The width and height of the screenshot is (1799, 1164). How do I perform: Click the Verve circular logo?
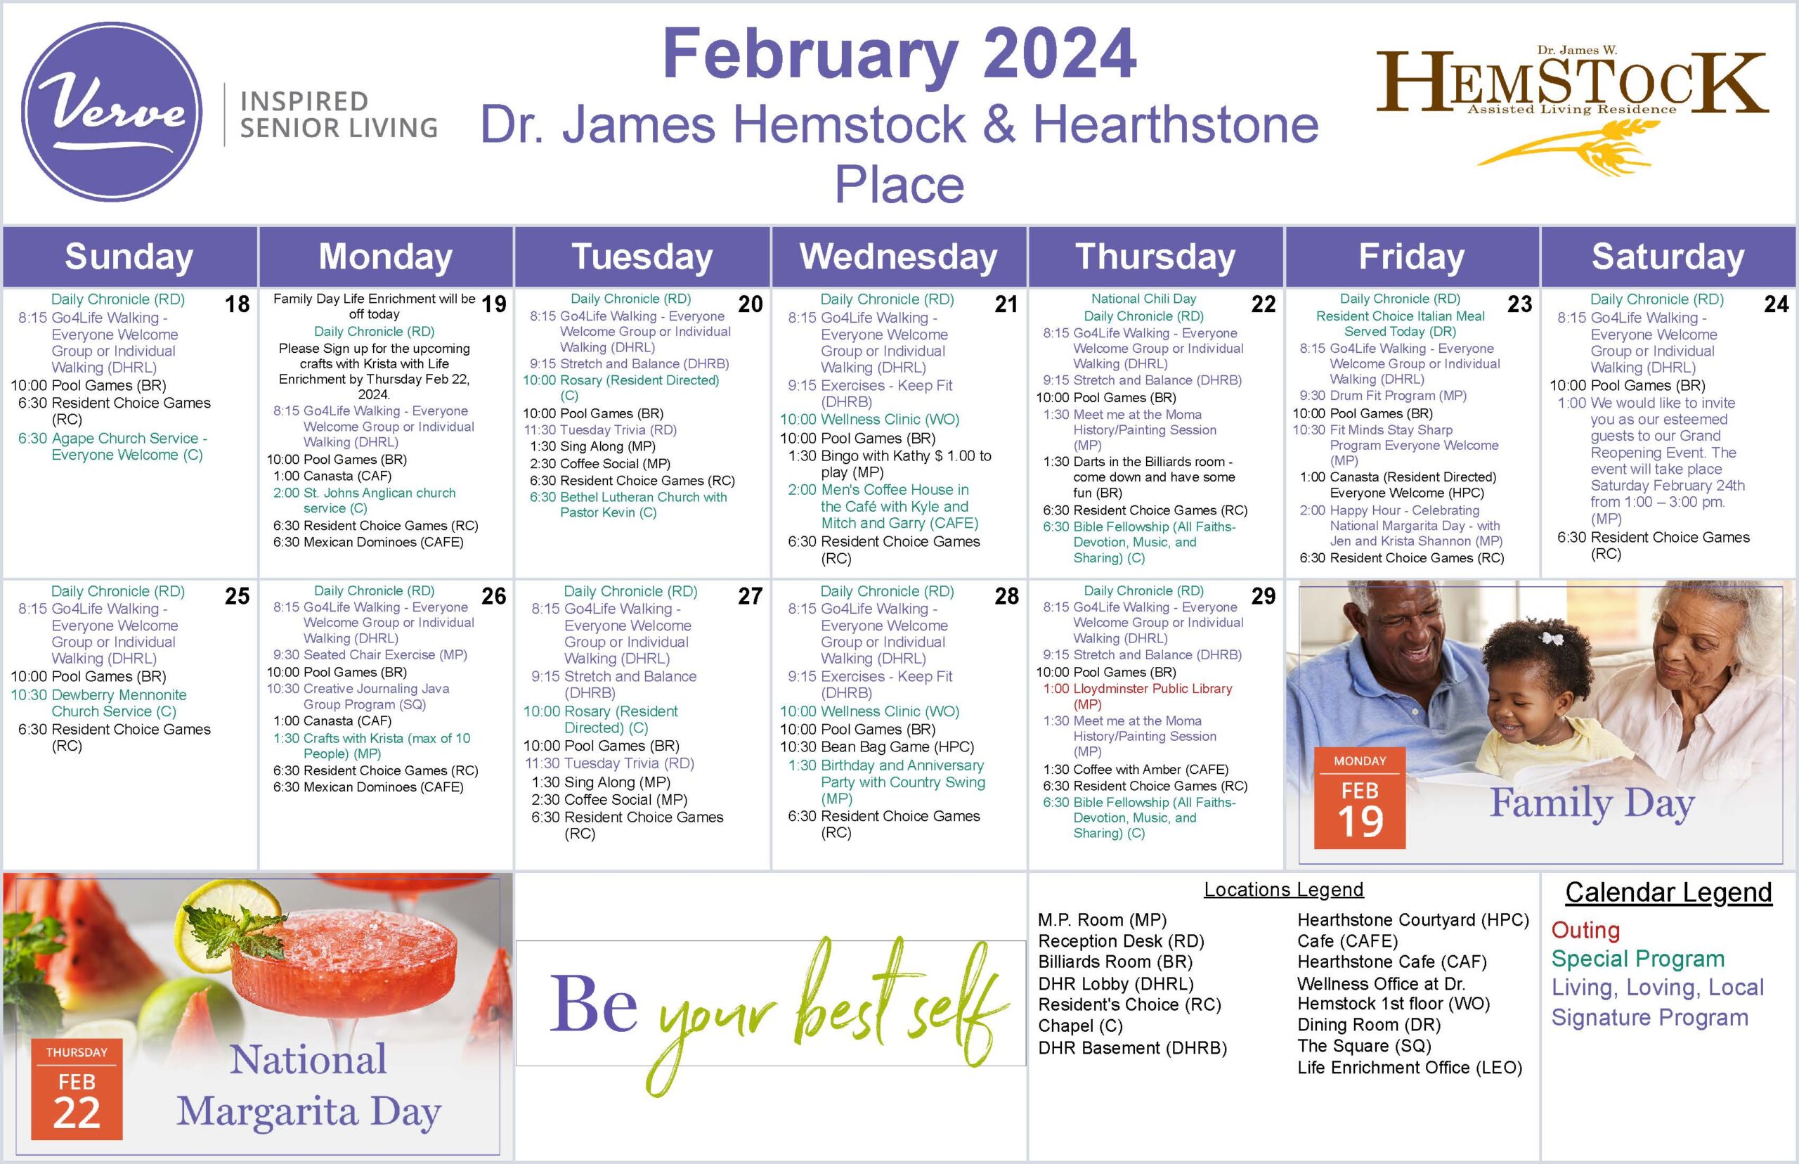(112, 112)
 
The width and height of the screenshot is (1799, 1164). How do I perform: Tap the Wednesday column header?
(898, 257)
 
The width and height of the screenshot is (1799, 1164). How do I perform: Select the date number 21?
(1006, 304)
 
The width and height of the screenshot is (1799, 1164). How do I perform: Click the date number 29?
(1263, 595)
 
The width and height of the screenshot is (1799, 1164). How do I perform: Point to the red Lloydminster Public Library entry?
(1138, 696)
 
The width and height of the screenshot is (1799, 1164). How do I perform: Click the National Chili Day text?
(1143, 299)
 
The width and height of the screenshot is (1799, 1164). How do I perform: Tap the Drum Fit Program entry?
(1383, 395)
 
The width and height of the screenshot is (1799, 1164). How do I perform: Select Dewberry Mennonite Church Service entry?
(98, 703)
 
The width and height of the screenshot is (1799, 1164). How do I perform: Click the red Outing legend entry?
(1585, 930)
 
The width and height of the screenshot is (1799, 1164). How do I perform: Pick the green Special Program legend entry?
(1637, 959)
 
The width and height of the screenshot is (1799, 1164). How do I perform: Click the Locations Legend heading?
(1283, 890)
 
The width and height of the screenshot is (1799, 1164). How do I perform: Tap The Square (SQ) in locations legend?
(1364, 1046)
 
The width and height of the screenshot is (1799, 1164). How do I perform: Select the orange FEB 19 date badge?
(1359, 797)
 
